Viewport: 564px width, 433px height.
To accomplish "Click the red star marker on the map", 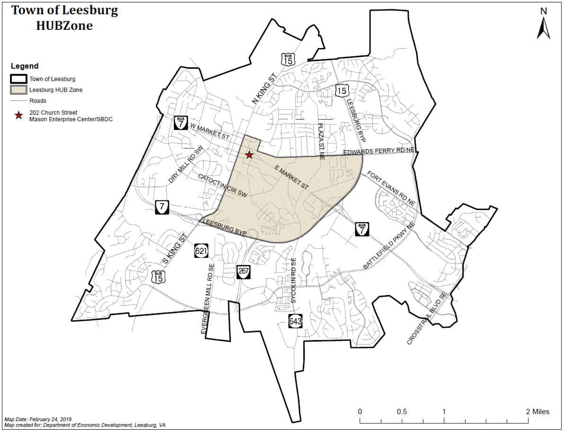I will (x=249, y=155).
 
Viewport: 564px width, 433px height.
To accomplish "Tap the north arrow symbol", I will (x=543, y=27).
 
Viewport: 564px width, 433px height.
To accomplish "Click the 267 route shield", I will (x=243, y=272).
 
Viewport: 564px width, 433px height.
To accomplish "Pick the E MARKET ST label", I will (x=291, y=178).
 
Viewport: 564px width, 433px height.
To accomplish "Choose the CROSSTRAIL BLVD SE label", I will (x=427, y=319).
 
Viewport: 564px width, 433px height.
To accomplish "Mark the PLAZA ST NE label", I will (x=321, y=141).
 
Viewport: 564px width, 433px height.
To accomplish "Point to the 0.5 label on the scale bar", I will (x=402, y=412).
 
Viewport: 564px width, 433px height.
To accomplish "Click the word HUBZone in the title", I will (x=64, y=26).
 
